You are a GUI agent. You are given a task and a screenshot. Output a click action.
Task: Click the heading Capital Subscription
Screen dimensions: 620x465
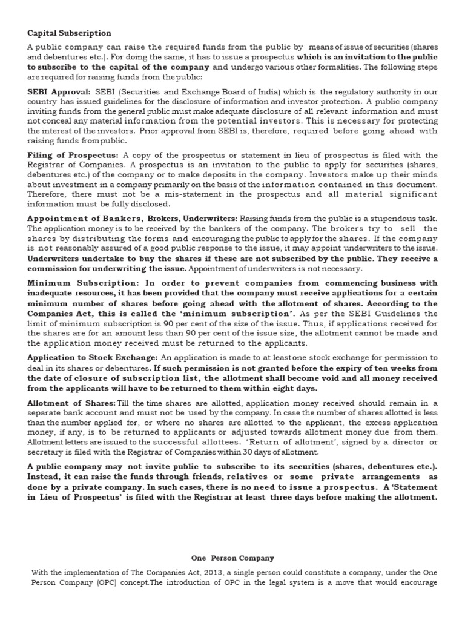(69, 33)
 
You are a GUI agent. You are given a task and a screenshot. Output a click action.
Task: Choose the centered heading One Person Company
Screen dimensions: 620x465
(232, 558)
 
